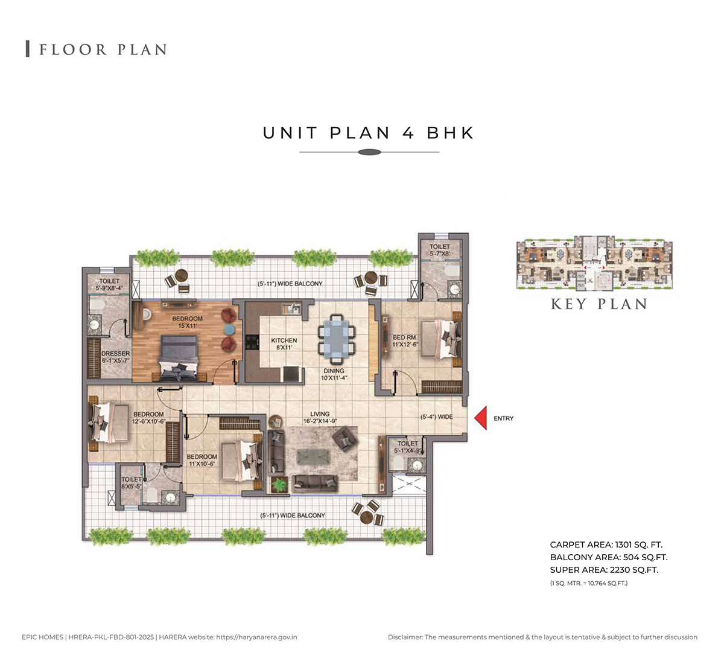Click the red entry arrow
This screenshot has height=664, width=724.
click(x=481, y=418)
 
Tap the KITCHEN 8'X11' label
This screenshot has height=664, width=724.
click(x=284, y=343)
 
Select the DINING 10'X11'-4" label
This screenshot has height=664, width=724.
click(x=334, y=374)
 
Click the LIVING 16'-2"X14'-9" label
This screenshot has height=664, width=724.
click(x=320, y=417)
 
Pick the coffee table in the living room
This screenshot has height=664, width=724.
click(x=313, y=456)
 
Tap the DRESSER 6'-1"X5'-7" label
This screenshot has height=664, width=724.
click(x=115, y=357)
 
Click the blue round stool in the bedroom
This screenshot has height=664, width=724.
click(x=229, y=329)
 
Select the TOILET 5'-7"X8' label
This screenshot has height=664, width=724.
click(x=440, y=250)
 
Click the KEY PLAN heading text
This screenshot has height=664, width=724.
click(x=599, y=304)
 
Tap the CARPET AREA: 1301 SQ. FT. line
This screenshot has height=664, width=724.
click(x=606, y=544)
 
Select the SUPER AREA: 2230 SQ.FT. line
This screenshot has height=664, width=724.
click(x=604, y=570)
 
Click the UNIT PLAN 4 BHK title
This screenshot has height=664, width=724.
click(x=369, y=133)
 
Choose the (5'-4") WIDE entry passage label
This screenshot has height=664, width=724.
click(x=436, y=417)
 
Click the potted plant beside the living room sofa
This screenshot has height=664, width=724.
click(x=279, y=485)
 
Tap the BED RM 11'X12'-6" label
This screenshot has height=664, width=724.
click(x=405, y=340)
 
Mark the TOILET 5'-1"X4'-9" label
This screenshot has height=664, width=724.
click(x=408, y=447)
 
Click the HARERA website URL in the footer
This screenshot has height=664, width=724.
click(x=256, y=637)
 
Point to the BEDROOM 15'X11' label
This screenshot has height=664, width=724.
click(x=187, y=322)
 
